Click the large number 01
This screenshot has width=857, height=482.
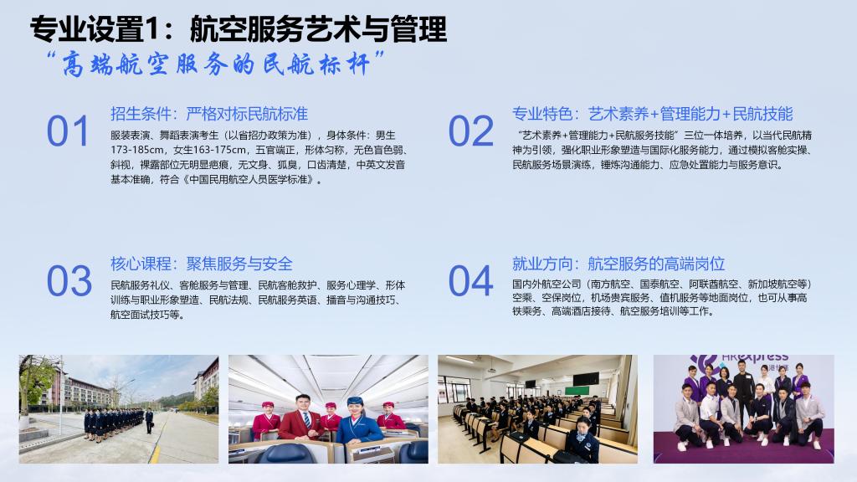(67, 131)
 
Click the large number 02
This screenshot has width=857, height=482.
(470, 131)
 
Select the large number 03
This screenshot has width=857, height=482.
(69, 281)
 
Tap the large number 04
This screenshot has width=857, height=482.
(470, 281)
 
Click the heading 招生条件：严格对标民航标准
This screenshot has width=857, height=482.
(209, 114)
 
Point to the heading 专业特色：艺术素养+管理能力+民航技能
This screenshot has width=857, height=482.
(652, 114)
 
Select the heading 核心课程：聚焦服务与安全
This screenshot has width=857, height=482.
(202, 264)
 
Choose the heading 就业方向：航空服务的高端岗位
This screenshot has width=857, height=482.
(618, 264)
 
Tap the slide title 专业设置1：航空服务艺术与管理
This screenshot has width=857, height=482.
(239, 28)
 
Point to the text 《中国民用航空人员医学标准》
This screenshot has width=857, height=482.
(248, 179)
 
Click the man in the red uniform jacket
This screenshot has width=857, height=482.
(301, 418)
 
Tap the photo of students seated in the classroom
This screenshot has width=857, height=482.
(537, 409)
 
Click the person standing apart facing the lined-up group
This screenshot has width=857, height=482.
(149, 422)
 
